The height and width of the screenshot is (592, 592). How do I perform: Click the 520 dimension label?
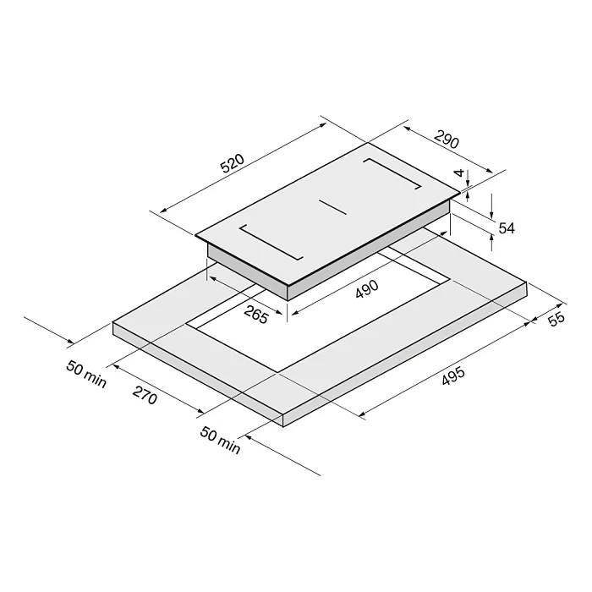click(233, 163)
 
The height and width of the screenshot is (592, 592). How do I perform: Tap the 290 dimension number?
click(447, 140)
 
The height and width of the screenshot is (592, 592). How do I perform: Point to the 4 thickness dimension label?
click(458, 173)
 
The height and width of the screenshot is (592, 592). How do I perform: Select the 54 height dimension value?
click(507, 228)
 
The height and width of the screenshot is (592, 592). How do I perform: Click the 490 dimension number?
click(366, 289)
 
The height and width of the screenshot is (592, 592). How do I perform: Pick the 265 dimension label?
click(256, 315)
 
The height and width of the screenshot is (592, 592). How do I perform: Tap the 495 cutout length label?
click(453, 376)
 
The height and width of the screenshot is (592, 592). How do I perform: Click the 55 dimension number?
click(556, 319)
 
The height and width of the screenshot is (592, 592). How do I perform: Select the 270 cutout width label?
click(145, 395)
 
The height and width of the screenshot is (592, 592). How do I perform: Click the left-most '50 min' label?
click(86, 374)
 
